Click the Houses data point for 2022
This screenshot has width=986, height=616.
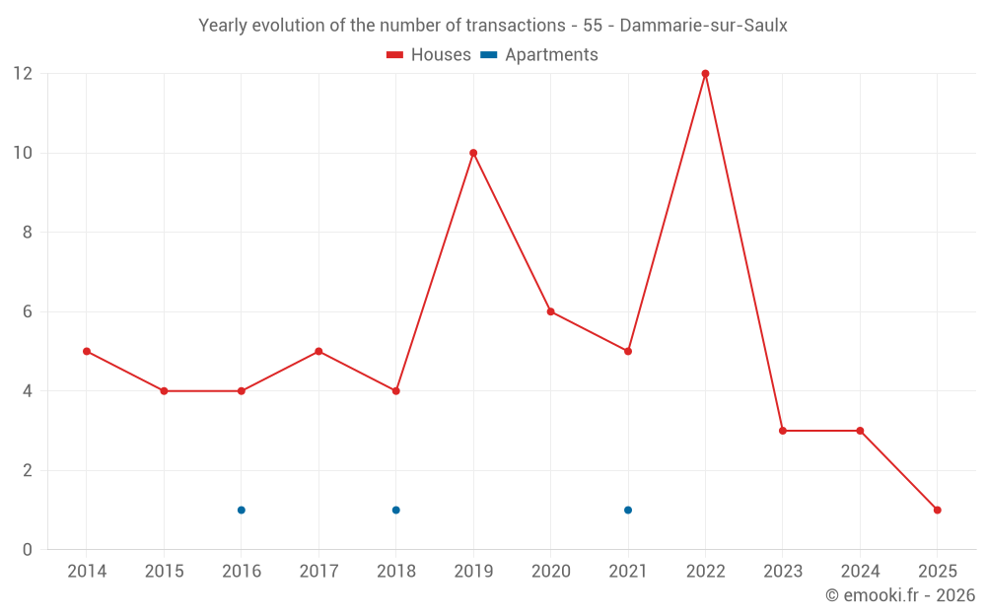[705, 74]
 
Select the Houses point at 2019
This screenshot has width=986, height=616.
[473, 153]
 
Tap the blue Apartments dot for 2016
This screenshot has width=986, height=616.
[241, 510]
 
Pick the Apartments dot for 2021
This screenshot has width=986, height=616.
[628, 510]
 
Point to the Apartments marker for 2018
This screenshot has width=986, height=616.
[395, 510]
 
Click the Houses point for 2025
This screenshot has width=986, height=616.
[937, 510]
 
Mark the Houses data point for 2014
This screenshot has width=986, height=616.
[87, 351]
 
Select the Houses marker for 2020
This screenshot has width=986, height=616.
[550, 311]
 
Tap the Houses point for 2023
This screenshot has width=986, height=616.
[782, 431]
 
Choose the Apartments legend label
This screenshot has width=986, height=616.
[551, 55]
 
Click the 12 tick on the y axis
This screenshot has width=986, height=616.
[23, 74]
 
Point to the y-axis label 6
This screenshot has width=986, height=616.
[28, 311]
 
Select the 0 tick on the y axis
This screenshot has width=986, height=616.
[28, 549]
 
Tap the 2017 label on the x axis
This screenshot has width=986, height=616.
[318, 572]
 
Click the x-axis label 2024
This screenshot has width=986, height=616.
[860, 572]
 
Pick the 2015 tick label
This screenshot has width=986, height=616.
[164, 572]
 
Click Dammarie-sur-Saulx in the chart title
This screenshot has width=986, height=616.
[703, 26]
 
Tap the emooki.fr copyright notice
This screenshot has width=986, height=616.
[900, 595]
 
